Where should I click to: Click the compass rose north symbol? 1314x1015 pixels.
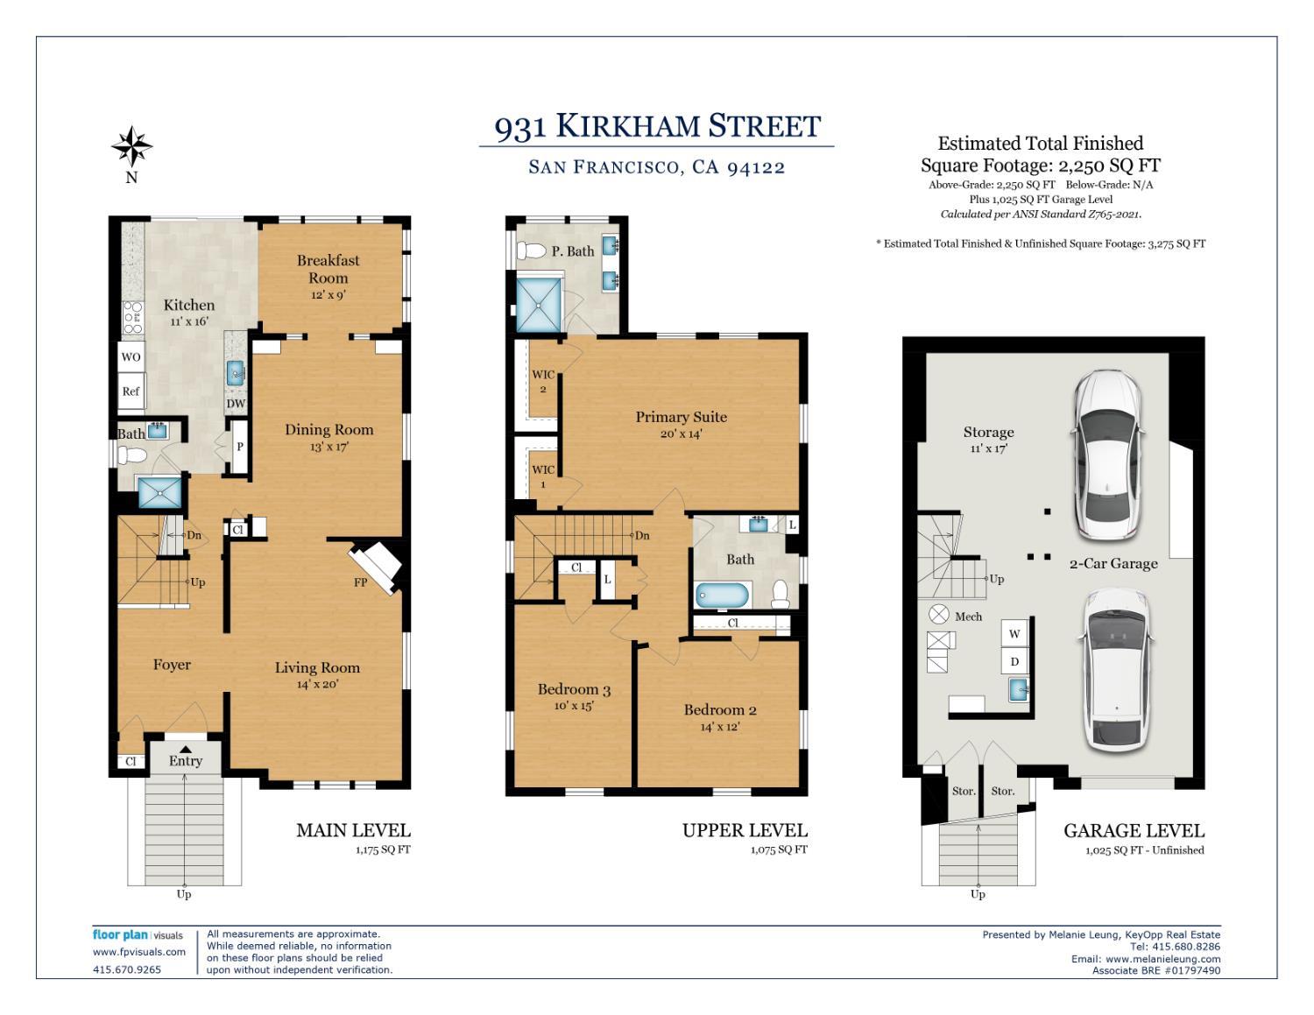click(x=131, y=147)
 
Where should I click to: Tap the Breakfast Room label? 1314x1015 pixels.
click(x=328, y=269)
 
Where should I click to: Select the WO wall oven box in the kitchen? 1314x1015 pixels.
click(x=131, y=357)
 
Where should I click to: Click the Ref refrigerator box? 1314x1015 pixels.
click(x=131, y=391)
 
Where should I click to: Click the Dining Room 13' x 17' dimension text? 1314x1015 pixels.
click(x=328, y=447)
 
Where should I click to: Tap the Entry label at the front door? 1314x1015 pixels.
click(x=186, y=761)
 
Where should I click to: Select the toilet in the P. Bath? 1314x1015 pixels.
click(x=532, y=251)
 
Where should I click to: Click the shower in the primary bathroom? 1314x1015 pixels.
click(x=539, y=304)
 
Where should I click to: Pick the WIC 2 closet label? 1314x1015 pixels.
click(x=543, y=382)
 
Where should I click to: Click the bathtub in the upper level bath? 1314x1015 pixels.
click(x=723, y=596)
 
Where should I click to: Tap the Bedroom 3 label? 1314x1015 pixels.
click(x=574, y=690)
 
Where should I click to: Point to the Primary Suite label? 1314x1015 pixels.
click(x=681, y=417)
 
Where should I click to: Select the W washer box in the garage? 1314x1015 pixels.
click(x=1014, y=634)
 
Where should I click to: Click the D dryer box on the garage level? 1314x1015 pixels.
click(x=1014, y=662)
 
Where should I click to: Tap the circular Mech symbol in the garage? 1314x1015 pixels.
click(x=940, y=615)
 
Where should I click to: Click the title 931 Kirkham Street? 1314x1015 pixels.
click(x=657, y=127)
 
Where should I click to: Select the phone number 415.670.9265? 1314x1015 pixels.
click(x=127, y=969)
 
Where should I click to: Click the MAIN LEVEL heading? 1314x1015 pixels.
click(x=353, y=830)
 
